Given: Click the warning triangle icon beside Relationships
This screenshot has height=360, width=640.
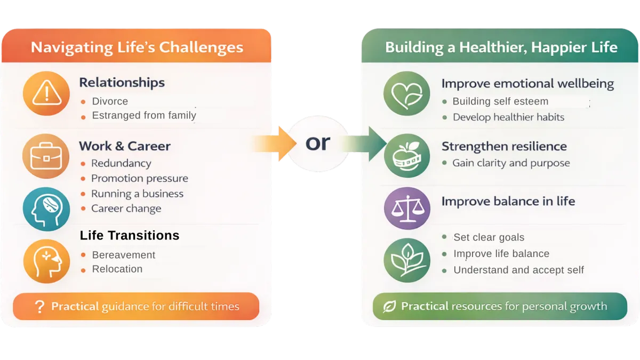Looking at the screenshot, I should [x=46, y=94].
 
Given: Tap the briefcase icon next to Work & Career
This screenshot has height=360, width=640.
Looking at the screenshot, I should [x=46, y=157].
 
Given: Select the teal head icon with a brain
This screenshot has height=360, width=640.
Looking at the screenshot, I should [x=46, y=209].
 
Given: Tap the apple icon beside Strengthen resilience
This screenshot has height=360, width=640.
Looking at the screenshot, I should [x=407, y=156].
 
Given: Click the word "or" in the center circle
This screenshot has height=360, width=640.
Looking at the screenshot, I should [x=318, y=143].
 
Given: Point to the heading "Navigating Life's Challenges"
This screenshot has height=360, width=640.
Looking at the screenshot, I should [x=137, y=47].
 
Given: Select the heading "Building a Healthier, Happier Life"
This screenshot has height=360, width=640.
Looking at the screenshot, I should [x=501, y=47].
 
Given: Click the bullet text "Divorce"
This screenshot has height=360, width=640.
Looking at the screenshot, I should [x=110, y=101].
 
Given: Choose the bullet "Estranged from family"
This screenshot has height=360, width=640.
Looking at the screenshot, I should [x=144, y=115].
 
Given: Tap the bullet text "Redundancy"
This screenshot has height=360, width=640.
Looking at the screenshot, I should [x=121, y=163].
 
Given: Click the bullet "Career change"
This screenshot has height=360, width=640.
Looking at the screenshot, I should [x=126, y=209].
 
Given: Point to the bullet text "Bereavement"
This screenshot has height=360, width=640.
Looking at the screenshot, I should [x=124, y=255].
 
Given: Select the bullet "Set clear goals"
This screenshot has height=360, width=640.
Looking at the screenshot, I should [x=489, y=237].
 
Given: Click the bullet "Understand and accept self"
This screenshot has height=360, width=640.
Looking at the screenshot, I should [x=518, y=270].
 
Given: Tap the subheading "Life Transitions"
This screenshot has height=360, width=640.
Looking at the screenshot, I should [x=130, y=235].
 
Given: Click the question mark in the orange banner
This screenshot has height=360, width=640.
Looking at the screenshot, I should [x=39, y=307].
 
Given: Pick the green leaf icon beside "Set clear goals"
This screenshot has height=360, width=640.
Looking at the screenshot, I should [x=407, y=260].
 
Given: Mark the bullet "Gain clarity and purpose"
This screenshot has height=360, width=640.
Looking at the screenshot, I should [x=511, y=163].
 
